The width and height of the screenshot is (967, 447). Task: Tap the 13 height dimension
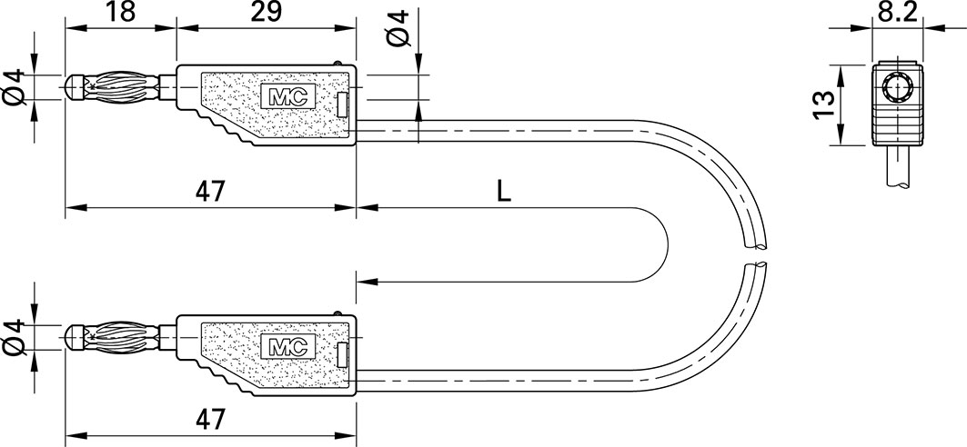[821, 104]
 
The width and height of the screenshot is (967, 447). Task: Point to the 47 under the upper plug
[210, 192]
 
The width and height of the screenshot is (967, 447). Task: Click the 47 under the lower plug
[210, 419]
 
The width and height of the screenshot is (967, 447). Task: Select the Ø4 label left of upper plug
[15, 87]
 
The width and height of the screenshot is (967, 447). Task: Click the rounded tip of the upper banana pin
[75, 87]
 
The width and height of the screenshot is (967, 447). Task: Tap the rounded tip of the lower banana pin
[75, 337]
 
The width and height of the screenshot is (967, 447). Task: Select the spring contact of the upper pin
[123, 87]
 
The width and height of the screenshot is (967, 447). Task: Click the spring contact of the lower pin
[123, 337]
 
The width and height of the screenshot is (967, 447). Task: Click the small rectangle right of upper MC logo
[342, 104]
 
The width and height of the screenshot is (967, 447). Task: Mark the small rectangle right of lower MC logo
[342, 354]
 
